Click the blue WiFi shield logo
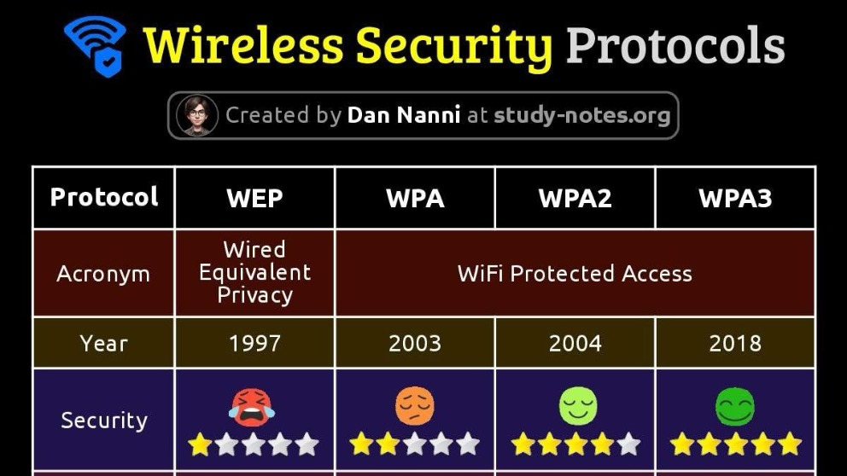96,46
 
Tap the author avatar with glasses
197,115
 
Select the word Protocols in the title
675,45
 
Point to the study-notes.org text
581,115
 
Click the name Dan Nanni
404,115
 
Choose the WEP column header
254,198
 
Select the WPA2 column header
575,198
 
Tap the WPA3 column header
735,198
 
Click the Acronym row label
103,274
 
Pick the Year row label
103,343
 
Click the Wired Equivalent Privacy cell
254,272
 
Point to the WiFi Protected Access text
575,274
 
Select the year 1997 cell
254,343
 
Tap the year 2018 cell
735,343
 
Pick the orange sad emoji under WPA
415,406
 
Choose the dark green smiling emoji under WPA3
735,407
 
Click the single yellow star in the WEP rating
200,444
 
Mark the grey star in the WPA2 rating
628,444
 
